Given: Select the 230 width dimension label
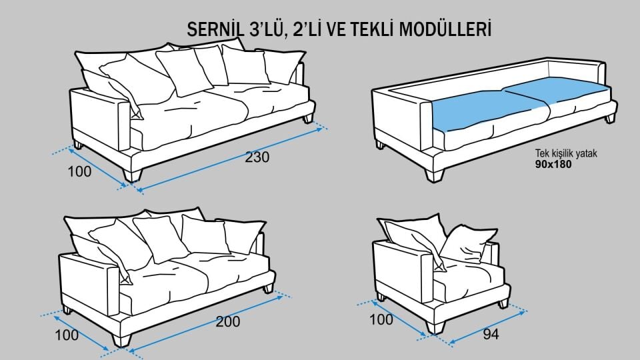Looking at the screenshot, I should click(257, 159).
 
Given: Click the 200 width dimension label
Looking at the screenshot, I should click(228, 321).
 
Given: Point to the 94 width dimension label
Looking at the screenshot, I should click(490, 334).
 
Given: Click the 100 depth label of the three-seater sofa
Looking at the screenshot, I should click(79, 171).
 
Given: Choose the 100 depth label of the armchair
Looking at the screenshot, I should click(381, 320).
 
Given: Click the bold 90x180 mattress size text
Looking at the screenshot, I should click(553, 163).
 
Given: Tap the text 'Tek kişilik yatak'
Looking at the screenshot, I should click(567, 153).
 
